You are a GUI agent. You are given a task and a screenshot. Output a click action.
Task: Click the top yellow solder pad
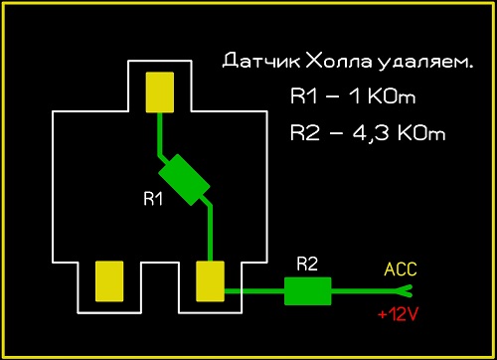(x=160, y=92)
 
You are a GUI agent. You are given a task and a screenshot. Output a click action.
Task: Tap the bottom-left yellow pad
(x=109, y=281)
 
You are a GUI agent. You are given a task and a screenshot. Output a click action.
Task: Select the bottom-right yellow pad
(x=210, y=281)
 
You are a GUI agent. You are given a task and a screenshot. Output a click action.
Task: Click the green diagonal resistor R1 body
(x=184, y=180)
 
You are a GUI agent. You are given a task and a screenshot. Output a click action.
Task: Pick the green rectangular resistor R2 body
(x=308, y=291)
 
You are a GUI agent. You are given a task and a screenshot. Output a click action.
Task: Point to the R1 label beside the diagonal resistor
(x=153, y=199)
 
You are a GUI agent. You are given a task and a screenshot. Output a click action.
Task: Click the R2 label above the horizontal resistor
(x=307, y=264)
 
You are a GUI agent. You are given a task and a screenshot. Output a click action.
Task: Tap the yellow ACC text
(x=401, y=270)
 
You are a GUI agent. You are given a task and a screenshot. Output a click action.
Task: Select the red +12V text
(x=398, y=314)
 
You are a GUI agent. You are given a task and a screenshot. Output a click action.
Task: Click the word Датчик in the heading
(x=261, y=61)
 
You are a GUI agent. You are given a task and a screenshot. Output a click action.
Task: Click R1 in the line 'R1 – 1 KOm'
(x=304, y=96)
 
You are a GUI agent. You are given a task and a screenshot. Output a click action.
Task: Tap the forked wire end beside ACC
(x=405, y=291)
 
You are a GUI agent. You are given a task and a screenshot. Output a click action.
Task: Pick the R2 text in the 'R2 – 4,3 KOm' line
(x=305, y=133)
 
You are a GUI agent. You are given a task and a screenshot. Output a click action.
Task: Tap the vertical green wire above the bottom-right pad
(x=210, y=233)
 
